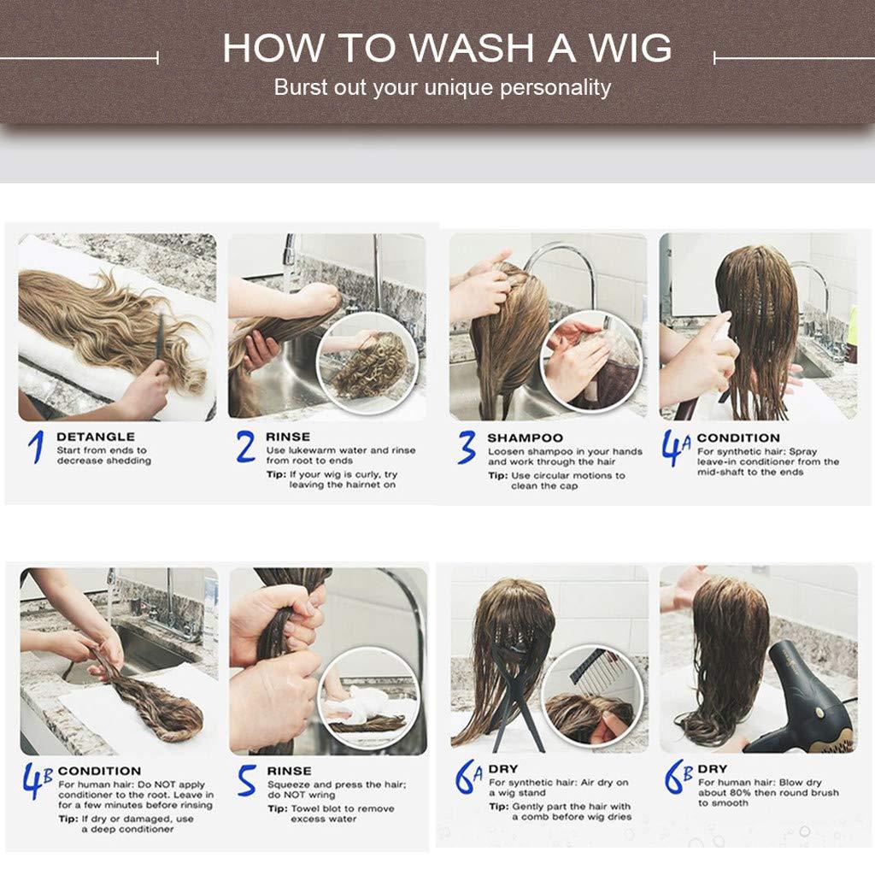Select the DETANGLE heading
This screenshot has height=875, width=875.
tap(96, 437)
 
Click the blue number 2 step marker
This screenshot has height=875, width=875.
tap(246, 446)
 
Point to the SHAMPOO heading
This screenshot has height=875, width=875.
tap(526, 438)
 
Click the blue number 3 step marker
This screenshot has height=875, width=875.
tap(467, 447)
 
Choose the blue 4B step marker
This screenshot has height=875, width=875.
tap(38, 780)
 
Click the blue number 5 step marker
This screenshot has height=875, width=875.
tap(247, 780)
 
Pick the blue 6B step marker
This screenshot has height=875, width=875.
tap(678, 776)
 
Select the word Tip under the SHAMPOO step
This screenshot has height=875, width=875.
tap(498, 476)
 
